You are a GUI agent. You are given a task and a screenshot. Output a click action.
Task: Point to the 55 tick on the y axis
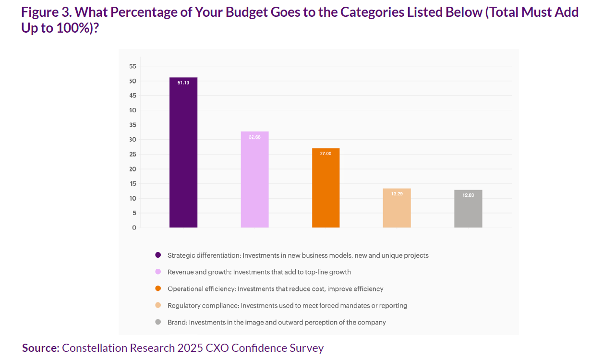tap(133, 66)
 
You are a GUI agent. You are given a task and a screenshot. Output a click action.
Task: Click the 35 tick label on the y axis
tap(133, 125)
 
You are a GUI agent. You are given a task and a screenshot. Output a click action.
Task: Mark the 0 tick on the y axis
tap(134, 228)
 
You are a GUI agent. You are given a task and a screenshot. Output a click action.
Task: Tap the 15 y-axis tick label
tap(133, 184)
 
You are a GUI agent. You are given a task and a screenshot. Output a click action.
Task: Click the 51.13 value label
tap(183, 83)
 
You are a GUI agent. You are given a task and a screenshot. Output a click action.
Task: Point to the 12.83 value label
tap(468, 195)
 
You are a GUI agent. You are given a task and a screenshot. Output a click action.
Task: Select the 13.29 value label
tap(397, 194)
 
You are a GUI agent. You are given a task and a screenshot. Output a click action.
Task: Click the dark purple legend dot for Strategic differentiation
tap(158, 255)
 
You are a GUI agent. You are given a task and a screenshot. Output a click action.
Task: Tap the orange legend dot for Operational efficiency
tap(158, 289)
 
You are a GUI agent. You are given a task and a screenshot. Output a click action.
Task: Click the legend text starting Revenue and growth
tap(259, 272)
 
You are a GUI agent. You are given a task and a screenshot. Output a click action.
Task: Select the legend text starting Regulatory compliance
tap(287, 306)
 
